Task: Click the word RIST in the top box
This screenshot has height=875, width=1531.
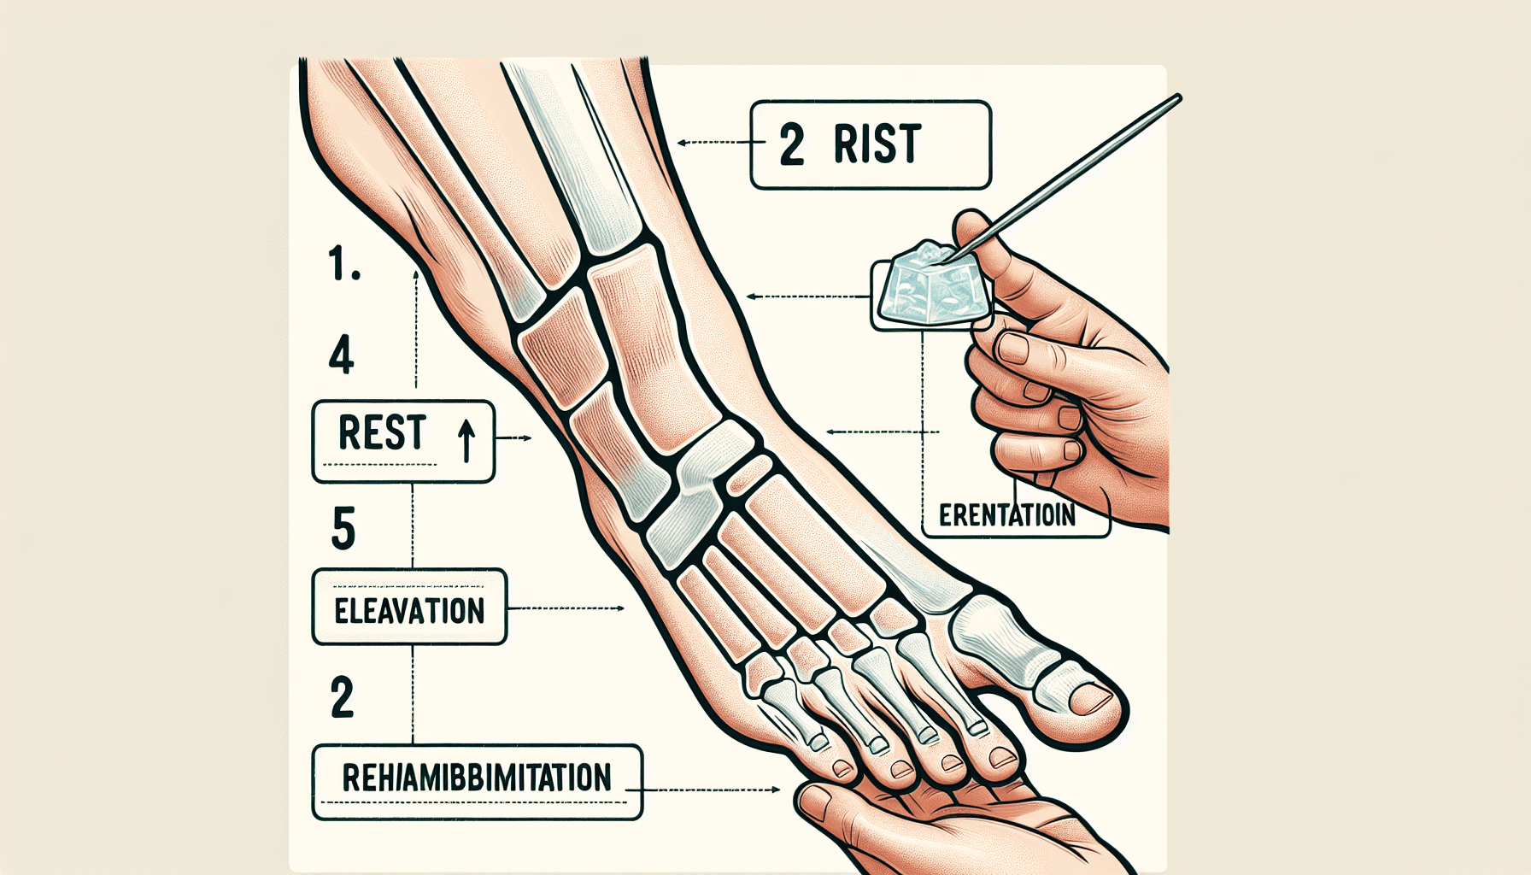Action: point(877,144)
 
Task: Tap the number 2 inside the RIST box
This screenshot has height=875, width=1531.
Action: point(792,144)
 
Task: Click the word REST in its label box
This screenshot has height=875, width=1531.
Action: point(382,432)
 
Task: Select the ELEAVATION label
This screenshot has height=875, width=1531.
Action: point(409,611)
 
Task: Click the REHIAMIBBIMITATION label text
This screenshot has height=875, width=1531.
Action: point(476,778)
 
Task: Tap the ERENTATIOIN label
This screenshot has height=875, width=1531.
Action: point(1006,516)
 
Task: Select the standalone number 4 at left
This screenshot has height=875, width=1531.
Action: point(341,355)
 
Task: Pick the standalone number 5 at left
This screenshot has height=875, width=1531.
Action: point(343,528)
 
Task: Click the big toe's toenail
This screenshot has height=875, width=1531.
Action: point(1092,698)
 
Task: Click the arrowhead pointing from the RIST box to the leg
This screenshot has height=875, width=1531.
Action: point(682,143)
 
